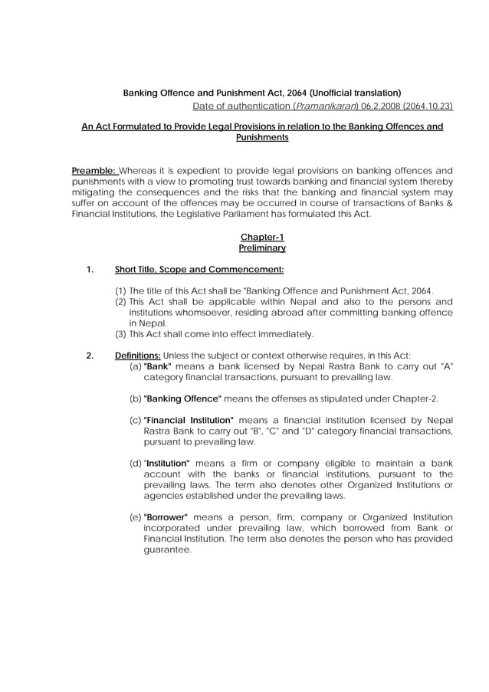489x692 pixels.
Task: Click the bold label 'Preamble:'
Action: pyautogui.click(x=94, y=170)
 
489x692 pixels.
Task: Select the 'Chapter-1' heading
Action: pyautogui.click(x=262, y=237)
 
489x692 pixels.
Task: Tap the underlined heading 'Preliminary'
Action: pyautogui.click(x=262, y=248)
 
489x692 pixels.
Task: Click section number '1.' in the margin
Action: pyautogui.click(x=90, y=269)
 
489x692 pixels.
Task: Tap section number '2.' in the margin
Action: pyautogui.click(x=90, y=355)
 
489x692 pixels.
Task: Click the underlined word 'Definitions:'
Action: pyautogui.click(x=137, y=355)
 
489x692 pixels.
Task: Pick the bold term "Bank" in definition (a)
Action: pyautogui.click(x=157, y=366)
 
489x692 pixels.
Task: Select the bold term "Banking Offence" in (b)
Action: pyautogui.click(x=182, y=398)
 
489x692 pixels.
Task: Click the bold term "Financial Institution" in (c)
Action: pyautogui.click(x=189, y=420)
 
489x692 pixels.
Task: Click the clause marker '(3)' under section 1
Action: pyautogui.click(x=120, y=334)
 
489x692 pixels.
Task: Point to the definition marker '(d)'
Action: pyautogui.click(x=136, y=463)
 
